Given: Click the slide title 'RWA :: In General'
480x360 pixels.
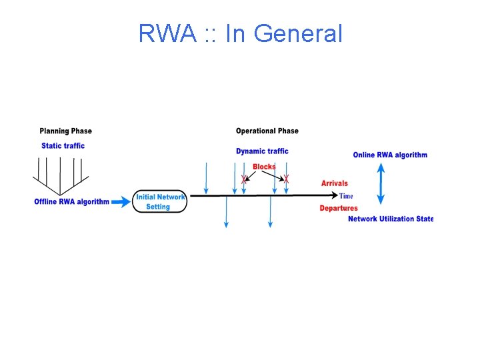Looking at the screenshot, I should click(x=240, y=33).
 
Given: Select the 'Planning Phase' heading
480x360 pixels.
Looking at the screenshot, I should click(x=65, y=131).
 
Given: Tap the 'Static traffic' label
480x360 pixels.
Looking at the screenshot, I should click(x=63, y=145).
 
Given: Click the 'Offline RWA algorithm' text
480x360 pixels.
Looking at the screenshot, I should click(x=71, y=201).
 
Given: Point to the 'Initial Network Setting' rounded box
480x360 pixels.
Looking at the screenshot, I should click(x=160, y=202).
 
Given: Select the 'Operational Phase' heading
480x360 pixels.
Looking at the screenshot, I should click(x=267, y=131).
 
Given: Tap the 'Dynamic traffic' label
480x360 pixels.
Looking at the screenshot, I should click(x=262, y=151).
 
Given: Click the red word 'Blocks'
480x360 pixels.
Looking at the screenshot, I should click(x=264, y=167).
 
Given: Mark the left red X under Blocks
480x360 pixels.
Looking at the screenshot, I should click(x=244, y=179).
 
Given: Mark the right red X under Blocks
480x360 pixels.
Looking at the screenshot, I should click(x=286, y=179).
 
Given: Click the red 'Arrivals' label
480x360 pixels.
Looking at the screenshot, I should click(x=334, y=183).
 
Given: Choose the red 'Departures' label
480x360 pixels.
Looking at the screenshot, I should click(x=338, y=208).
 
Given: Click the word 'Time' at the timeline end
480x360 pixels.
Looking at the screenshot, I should click(x=346, y=196).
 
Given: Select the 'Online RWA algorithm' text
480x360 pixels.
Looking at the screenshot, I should click(x=390, y=155).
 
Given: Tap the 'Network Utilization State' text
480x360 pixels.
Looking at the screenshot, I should click(x=390, y=219).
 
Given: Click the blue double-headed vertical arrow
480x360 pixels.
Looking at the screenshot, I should click(x=381, y=184).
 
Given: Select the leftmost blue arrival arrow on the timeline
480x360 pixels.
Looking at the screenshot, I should click(x=207, y=179).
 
